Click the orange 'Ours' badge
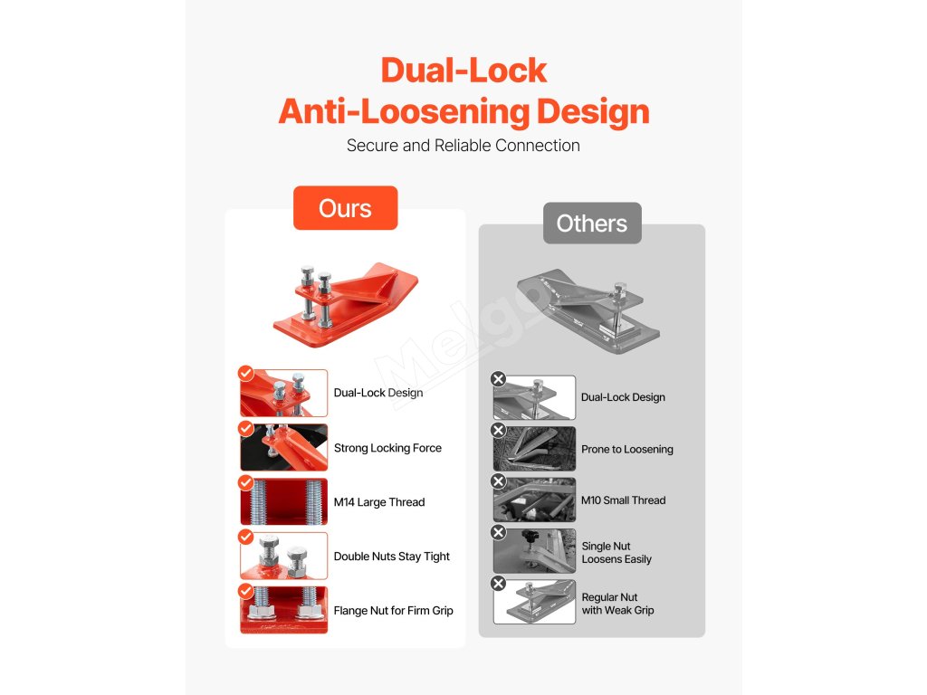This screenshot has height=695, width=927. [345, 208]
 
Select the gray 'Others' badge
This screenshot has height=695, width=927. [592, 224]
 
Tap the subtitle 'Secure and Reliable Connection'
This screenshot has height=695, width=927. [463, 145]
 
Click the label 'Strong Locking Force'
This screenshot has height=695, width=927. [387, 448]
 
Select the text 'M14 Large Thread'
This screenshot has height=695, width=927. [378, 502]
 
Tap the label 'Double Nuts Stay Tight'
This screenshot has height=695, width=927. [391, 557]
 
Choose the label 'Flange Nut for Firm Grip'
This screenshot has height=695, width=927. [393, 611]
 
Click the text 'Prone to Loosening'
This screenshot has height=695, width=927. [626, 449]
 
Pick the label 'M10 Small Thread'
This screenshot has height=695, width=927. [623, 500]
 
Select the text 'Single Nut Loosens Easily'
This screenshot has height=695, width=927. [616, 553]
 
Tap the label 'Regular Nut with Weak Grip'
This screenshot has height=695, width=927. [617, 604]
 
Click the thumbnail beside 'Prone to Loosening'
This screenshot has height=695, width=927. [535, 449]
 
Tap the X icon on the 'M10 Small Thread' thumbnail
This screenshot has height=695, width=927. [497, 481]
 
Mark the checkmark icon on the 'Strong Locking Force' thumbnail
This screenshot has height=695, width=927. [245, 429]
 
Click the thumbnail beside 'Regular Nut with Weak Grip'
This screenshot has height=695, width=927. [535, 603]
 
